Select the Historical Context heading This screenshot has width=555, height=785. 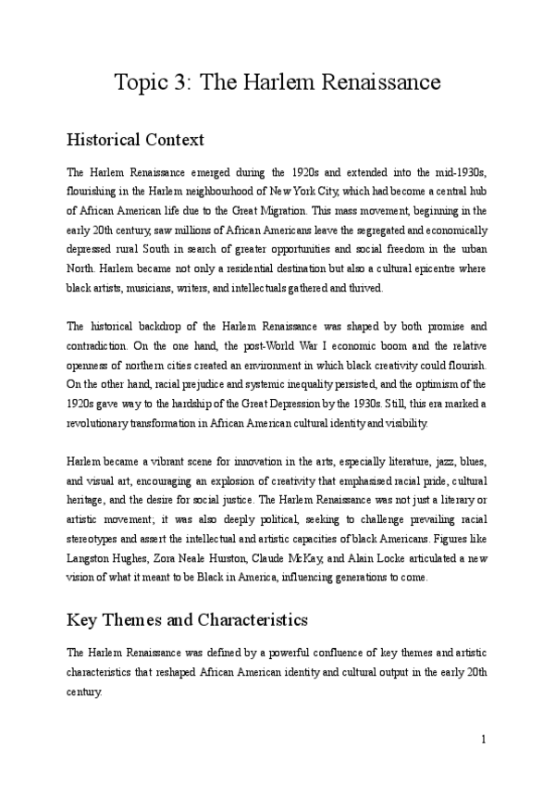pyautogui.click(x=136, y=141)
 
